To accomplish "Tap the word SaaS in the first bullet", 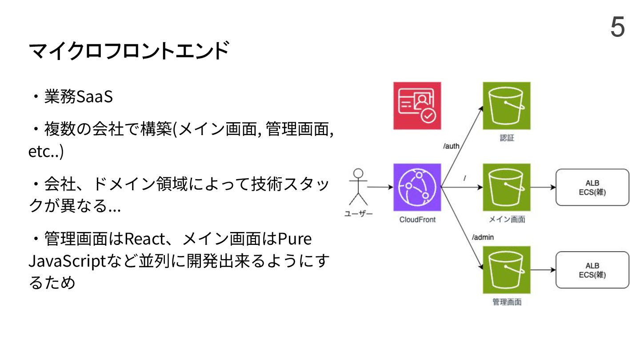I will pos(95,97).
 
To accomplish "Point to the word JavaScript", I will pos(65,261).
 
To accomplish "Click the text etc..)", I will pos(46,152).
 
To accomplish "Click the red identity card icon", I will pos(417,106).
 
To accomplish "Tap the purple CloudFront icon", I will pos(417,187).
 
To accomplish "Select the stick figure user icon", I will pos(358,186).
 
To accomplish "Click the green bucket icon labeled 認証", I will pos(507,106).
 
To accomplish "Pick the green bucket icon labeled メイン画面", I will pos(507,187).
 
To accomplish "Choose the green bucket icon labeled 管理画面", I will pos(507,270).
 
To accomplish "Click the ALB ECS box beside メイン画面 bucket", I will pos(592,187).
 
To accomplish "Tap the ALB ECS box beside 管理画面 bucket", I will pos(592,270).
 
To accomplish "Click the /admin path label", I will pos(483,237).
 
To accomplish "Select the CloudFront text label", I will pos(417,220).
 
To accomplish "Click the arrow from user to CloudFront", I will pos(380,187).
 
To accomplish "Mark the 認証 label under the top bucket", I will pos(507,138).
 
